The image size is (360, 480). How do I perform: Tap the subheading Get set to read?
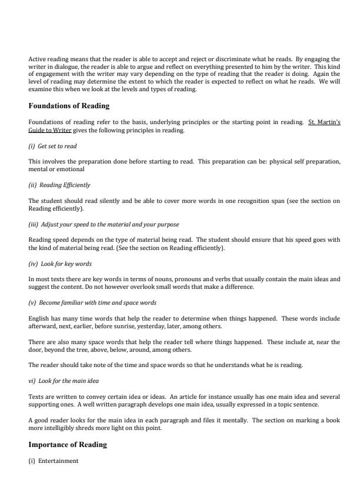[57, 145]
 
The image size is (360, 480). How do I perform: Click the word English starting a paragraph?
[39, 318]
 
